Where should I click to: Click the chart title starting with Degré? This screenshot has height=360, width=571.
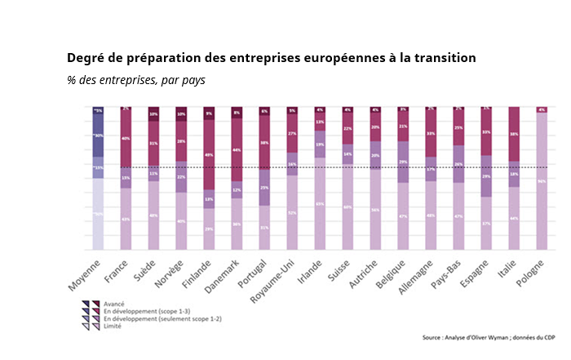pyautogui.click(x=271, y=59)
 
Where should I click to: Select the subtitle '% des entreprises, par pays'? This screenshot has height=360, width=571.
pyautogui.click(x=136, y=80)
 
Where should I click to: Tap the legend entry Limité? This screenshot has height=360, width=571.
pyautogui.click(x=112, y=326)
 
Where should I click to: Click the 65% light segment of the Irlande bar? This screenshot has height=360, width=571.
pyautogui.click(x=320, y=203)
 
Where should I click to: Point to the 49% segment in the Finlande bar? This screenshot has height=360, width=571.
pyautogui.click(x=209, y=154)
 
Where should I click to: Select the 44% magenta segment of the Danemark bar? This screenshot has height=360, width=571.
pyautogui.click(x=237, y=149)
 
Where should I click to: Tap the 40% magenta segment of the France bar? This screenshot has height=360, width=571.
pyautogui.click(x=126, y=139)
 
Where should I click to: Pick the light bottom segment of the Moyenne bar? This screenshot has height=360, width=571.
pyautogui.click(x=98, y=214)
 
